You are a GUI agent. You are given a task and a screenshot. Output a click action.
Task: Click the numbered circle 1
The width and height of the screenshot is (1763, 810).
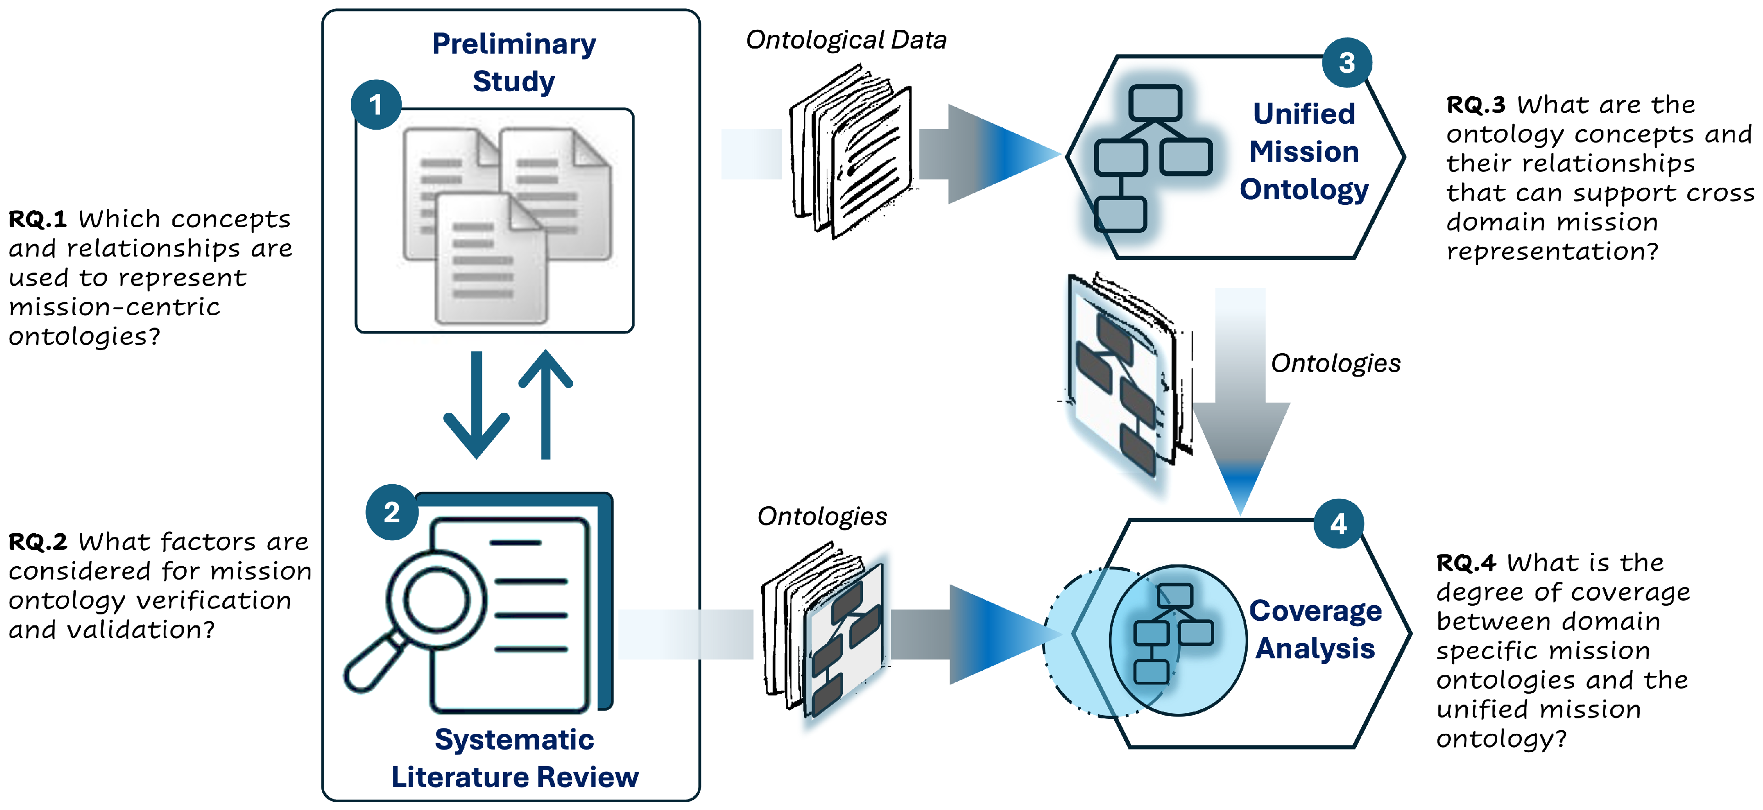pyautogui.click(x=376, y=104)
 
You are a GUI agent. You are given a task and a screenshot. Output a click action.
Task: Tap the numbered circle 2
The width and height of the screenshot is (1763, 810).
pyautogui.click(x=392, y=512)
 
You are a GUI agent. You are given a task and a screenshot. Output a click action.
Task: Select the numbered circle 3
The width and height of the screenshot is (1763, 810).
pyautogui.click(x=1346, y=63)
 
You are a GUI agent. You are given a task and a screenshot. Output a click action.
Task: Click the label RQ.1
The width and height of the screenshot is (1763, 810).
pyautogui.click(x=37, y=219)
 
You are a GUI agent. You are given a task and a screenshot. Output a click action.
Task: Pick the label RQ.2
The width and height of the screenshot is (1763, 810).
pyautogui.click(x=37, y=542)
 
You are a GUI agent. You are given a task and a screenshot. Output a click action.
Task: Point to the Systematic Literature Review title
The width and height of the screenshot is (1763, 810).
pyautogui.click(x=514, y=758)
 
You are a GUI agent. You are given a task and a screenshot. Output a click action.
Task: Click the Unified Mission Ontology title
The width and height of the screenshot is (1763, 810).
pyautogui.click(x=1304, y=151)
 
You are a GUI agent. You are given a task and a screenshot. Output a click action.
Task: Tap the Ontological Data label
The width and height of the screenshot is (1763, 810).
pyautogui.click(x=846, y=40)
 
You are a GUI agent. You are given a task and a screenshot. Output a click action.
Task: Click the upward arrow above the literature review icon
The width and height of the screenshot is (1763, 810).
pyautogui.click(x=546, y=404)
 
